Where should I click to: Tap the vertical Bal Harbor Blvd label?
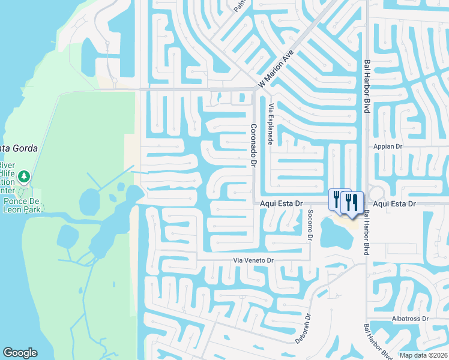[x=366, y=86]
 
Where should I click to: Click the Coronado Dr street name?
[x=253, y=145]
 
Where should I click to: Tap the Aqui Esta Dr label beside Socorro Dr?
[x=281, y=204]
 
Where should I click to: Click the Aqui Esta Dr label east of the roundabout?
[x=394, y=204]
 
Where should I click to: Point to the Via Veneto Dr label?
[x=253, y=260]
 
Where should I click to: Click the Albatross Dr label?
[x=408, y=319]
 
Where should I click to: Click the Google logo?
[x=20, y=353]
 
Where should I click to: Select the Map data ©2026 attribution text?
[x=424, y=355]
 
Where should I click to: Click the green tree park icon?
[x=24, y=176]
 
